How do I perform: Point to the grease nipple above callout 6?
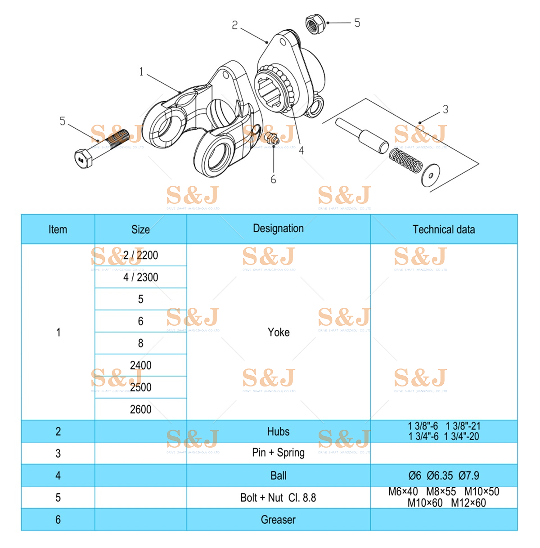tap(271, 139)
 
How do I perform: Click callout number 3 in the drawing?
tap(445, 109)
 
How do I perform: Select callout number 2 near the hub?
tap(234, 25)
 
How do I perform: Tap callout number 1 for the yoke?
tap(141, 72)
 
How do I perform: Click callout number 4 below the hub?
tap(301, 151)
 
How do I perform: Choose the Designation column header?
tap(278, 229)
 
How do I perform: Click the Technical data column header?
tap(443, 229)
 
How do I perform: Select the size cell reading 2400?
tap(140, 365)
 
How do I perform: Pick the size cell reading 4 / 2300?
tap(140, 277)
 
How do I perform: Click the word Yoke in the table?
tap(279, 332)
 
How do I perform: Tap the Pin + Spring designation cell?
tap(278, 453)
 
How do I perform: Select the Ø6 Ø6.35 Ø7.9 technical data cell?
tap(443, 476)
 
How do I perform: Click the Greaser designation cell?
tap(278, 520)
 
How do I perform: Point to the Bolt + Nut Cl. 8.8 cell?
tap(278, 498)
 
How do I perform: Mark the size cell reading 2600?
tap(140, 409)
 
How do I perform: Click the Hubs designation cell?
tap(278, 431)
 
